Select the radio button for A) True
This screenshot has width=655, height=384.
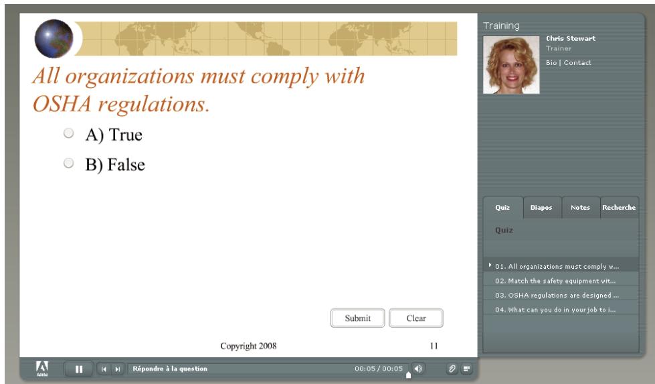pos(68,134)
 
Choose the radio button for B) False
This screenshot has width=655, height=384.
pos(68,163)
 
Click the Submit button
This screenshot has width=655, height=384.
pos(358,319)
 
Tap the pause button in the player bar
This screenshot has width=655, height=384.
pos(79,369)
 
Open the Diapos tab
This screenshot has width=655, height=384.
pos(541,208)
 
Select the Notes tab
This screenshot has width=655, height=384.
pos(580,208)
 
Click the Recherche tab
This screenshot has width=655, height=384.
pos(619,208)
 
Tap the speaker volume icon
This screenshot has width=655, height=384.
pos(417,369)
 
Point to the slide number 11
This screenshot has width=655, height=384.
pos(434,346)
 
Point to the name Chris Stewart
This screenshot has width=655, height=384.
pos(570,38)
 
